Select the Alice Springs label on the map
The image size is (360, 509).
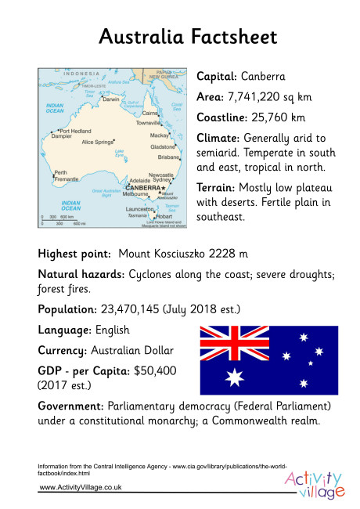[x=98, y=142]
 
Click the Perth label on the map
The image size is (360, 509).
[x=60, y=172]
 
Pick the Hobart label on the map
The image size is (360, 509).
[x=164, y=216]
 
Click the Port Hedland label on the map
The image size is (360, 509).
[x=76, y=131]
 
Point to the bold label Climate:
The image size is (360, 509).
[x=221, y=138]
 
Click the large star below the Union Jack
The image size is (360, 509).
[x=232, y=378]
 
